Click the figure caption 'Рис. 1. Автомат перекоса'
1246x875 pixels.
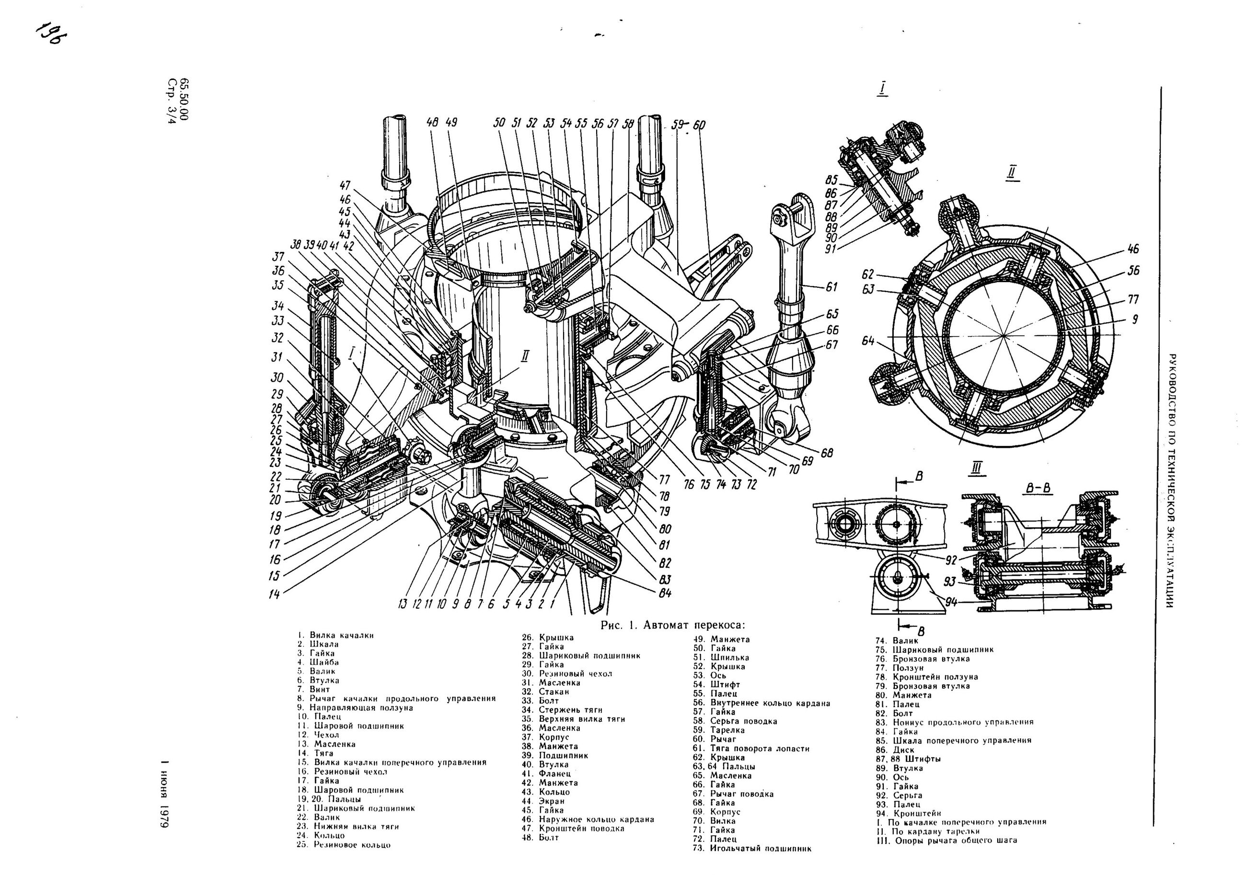[669, 625]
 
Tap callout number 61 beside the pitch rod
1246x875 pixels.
[831, 287]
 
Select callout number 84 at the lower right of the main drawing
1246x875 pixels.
[665, 593]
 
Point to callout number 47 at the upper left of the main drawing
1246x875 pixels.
[345, 185]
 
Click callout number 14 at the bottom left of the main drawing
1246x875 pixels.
[274, 594]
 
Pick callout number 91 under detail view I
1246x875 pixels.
[831, 249]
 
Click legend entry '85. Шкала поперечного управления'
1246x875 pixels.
[953, 740]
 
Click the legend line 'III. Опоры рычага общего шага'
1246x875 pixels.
[946, 841]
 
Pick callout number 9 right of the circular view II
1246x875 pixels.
[1134, 320]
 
